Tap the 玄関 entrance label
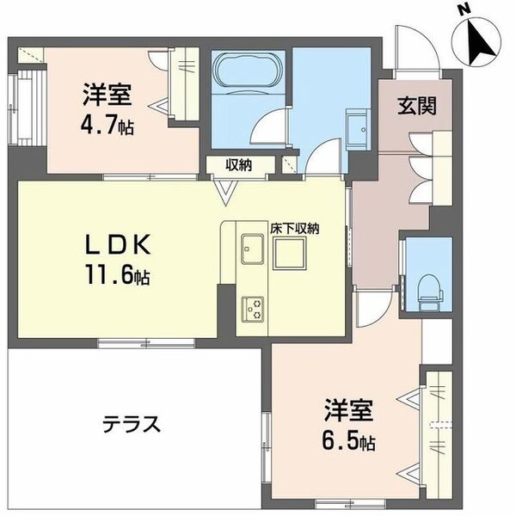click(x=417, y=107)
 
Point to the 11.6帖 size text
click(x=121, y=278)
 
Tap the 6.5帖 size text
click(x=349, y=444)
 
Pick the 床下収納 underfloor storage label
click(x=297, y=228)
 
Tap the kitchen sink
click(x=253, y=250)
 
